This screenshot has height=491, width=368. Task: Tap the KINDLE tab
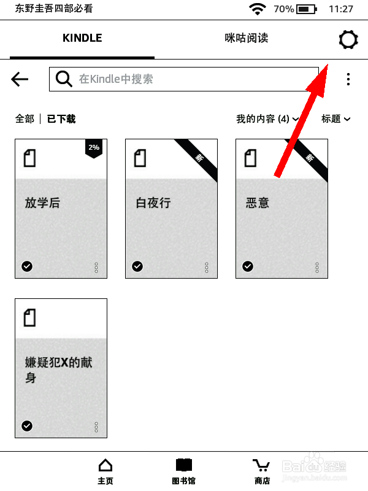pos(82,38)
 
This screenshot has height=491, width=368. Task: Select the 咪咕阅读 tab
pos(246,38)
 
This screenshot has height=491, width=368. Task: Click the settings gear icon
pos(348,40)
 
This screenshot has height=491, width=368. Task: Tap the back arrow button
pos(20,79)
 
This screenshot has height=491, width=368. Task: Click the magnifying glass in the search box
pos(64,79)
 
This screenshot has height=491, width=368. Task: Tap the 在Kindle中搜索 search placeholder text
pos(116,79)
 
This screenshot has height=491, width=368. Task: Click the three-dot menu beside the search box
pos(348,79)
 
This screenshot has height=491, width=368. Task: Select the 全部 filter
pos(25,119)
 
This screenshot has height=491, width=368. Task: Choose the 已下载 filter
pos(61,119)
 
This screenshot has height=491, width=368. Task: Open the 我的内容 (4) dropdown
pos(267,119)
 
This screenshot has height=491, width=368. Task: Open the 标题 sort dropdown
pos(335,119)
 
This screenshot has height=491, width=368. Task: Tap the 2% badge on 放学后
pos(93,148)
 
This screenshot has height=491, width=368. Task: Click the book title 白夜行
pos(153,203)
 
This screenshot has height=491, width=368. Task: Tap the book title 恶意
pos(257,203)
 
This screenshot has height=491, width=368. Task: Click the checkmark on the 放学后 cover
pos(27,266)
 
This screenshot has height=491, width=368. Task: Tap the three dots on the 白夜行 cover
pos(207,268)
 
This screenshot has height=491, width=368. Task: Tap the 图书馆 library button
pos(184,471)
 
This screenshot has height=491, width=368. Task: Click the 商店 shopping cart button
pos(262,471)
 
